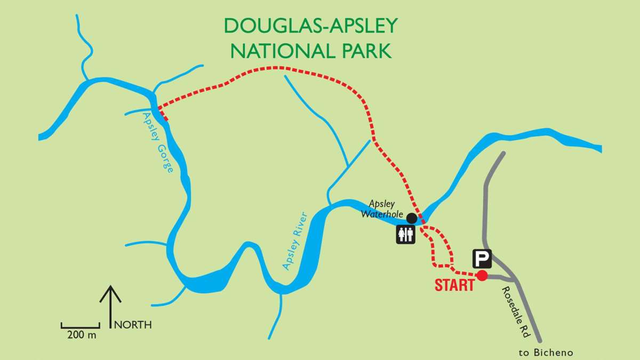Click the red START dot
(482, 275)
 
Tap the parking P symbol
(482, 259)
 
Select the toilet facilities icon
(405, 234)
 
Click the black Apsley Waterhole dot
(412, 218)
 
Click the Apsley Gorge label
(158, 142)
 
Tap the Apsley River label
(296, 241)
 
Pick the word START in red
(454, 285)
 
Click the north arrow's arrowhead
(111, 291)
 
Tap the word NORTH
(133, 324)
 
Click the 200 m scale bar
(81, 325)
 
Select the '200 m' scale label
(82, 335)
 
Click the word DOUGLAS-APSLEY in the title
(311, 25)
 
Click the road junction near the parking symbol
(514, 279)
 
